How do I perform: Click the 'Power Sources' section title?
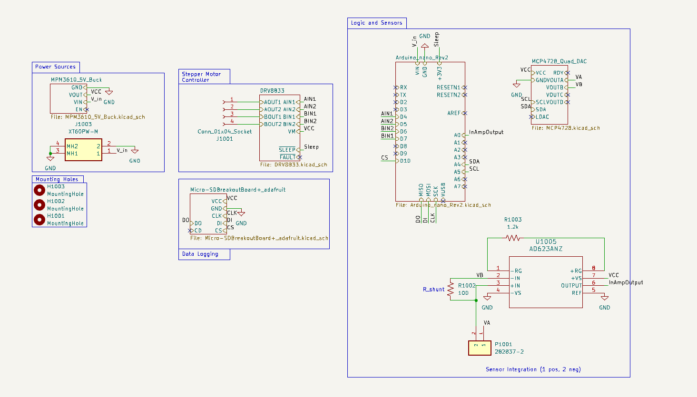(55, 67)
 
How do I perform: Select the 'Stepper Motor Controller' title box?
(202, 77)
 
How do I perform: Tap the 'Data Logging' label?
(200, 254)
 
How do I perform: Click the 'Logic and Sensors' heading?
(376, 23)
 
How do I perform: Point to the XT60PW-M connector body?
(83, 150)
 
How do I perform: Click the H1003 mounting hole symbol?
(39, 190)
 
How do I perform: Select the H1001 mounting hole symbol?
(39, 220)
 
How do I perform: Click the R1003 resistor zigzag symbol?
(513, 238)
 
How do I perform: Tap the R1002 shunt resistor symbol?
(451, 290)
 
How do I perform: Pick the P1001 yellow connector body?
(480, 348)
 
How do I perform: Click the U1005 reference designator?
(546, 242)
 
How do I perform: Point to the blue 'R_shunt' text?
(433, 290)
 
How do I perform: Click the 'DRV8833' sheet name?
(272, 91)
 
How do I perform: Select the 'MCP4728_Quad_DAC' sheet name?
(559, 61)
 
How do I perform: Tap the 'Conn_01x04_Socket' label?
(225, 132)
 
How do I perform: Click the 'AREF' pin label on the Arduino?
(453, 113)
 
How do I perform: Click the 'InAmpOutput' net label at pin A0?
(486, 132)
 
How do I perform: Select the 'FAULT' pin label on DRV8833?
(287, 157)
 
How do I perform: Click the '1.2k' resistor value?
(513, 227)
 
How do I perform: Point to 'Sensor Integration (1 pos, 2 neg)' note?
(533, 369)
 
